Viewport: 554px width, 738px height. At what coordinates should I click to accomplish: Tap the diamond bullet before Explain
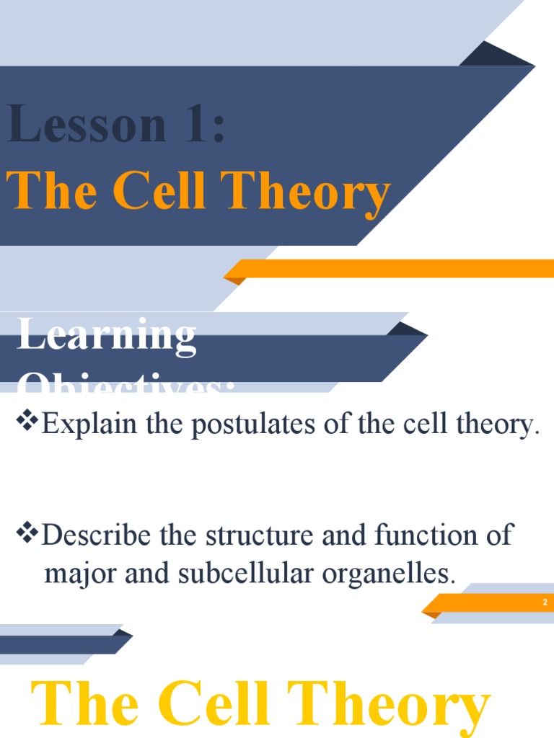click(27, 423)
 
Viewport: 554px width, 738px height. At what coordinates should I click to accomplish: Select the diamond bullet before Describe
click(27, 534)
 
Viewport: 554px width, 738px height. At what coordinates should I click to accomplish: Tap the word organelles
click(395, 574)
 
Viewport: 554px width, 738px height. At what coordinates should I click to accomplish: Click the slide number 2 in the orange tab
click(545, 602)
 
